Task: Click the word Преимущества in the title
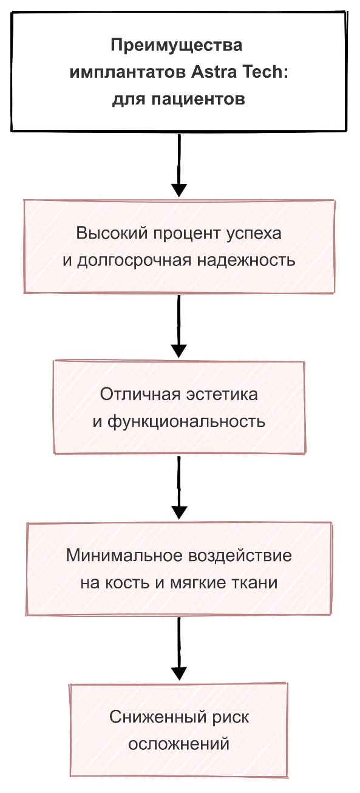(x=176, y=46)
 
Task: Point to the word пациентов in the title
(x=198, y=100)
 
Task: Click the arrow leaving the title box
(x=179, y=166)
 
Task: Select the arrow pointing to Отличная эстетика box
(x=179, y=327)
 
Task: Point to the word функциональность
(x=186, y=422)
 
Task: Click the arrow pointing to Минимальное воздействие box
(x=179, y=488)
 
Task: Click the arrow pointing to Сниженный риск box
(x=179, y=648)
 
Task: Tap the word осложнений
(x=178, y=744)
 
